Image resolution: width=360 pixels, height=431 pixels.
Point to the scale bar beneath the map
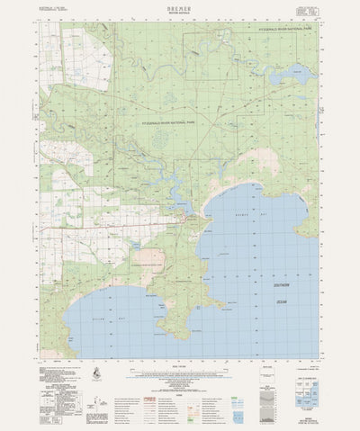pos(180,370)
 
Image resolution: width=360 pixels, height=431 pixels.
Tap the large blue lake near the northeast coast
pos(301,75)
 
